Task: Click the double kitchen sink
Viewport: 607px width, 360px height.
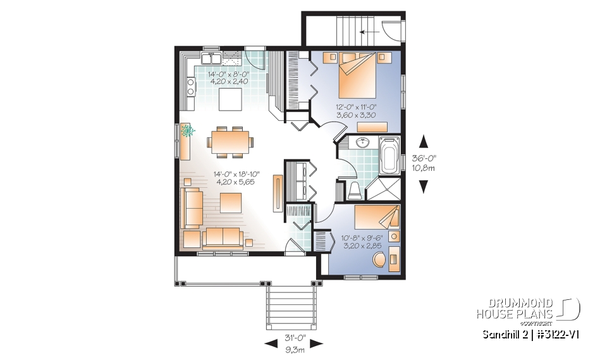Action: [211, 59]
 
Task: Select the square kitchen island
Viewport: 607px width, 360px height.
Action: [229, 99]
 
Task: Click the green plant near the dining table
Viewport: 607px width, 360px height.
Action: [188, 131]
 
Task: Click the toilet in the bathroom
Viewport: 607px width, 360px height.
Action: [355, 188]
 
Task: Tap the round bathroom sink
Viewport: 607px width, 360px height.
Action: [362, 143]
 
